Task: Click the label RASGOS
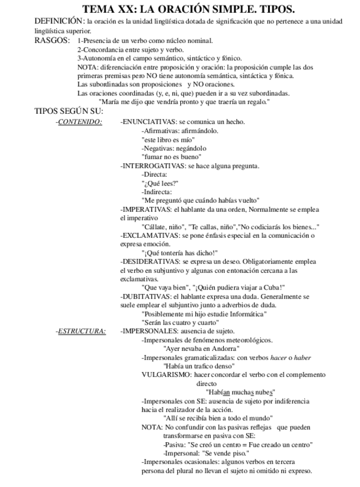coord(51,41)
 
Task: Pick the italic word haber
coord(303,357)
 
